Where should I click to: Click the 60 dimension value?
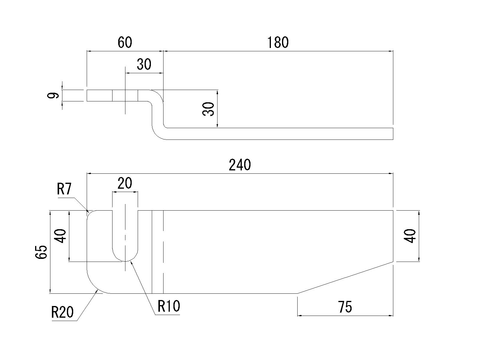pos(124,43)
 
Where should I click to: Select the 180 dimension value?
pos(278,43)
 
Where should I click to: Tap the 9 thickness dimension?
pos(53,96)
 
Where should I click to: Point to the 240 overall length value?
pos(239,165)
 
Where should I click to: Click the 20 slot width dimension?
pos(124,183)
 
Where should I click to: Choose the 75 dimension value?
pos(345,307)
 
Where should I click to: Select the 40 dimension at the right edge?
pos(410,236)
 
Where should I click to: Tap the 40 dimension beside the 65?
pos(61,236)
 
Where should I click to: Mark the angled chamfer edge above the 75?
pos(345,277)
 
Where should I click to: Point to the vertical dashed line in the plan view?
pos(163,252)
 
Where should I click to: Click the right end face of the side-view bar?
pos(393,133)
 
